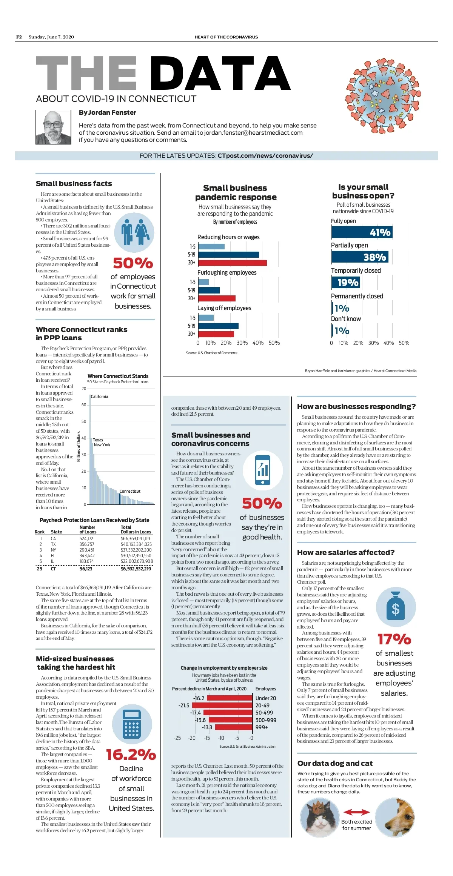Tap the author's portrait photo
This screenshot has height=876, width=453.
53,127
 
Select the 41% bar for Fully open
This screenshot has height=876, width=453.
362,232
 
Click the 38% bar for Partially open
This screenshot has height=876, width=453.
359,257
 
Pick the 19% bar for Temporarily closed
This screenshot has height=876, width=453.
345,282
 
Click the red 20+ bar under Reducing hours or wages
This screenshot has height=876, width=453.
232,263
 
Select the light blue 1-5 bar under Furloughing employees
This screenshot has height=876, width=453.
203,282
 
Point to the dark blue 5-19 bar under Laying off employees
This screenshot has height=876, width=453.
218,326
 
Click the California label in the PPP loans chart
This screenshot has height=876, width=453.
99,397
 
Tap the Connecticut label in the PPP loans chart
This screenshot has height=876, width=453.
130,491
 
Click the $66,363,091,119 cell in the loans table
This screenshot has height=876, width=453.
135,539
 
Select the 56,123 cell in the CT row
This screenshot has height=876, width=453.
86,569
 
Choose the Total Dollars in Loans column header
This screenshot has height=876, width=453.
136,530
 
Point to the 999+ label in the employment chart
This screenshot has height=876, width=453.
262,727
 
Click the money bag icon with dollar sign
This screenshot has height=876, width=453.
396,607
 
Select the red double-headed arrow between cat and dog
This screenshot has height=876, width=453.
356,812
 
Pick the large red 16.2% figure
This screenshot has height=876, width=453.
131,755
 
